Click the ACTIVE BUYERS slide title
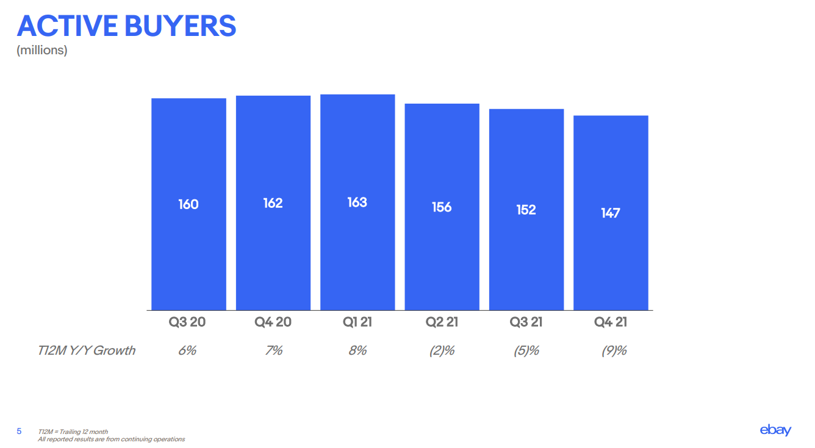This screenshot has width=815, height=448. (126, 26)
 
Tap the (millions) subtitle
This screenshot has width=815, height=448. (41, 51)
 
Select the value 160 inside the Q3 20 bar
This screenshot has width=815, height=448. (188, 204)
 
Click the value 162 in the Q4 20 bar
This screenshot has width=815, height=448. (273, 203)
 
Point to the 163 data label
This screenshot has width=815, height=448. (357, 202)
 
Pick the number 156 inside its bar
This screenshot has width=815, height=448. (442, 207)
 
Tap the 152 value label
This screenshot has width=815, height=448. (526, 210)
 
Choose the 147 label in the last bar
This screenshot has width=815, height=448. (610, 213)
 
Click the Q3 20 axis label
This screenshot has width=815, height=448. (188, 322)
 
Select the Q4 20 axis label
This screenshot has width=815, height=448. (273, 322)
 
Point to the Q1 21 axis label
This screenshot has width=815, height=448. (357, 322)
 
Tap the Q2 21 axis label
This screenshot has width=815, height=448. (442, 322)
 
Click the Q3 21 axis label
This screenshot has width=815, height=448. (526, 322)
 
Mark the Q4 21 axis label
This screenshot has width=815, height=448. (610, 322)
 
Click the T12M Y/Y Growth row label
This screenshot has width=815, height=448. (87, 350)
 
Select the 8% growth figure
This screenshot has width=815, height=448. (357, 350)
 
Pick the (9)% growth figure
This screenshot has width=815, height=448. (614, 350)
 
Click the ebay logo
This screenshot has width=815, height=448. (775, 430)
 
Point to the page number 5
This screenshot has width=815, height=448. (19, 432)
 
